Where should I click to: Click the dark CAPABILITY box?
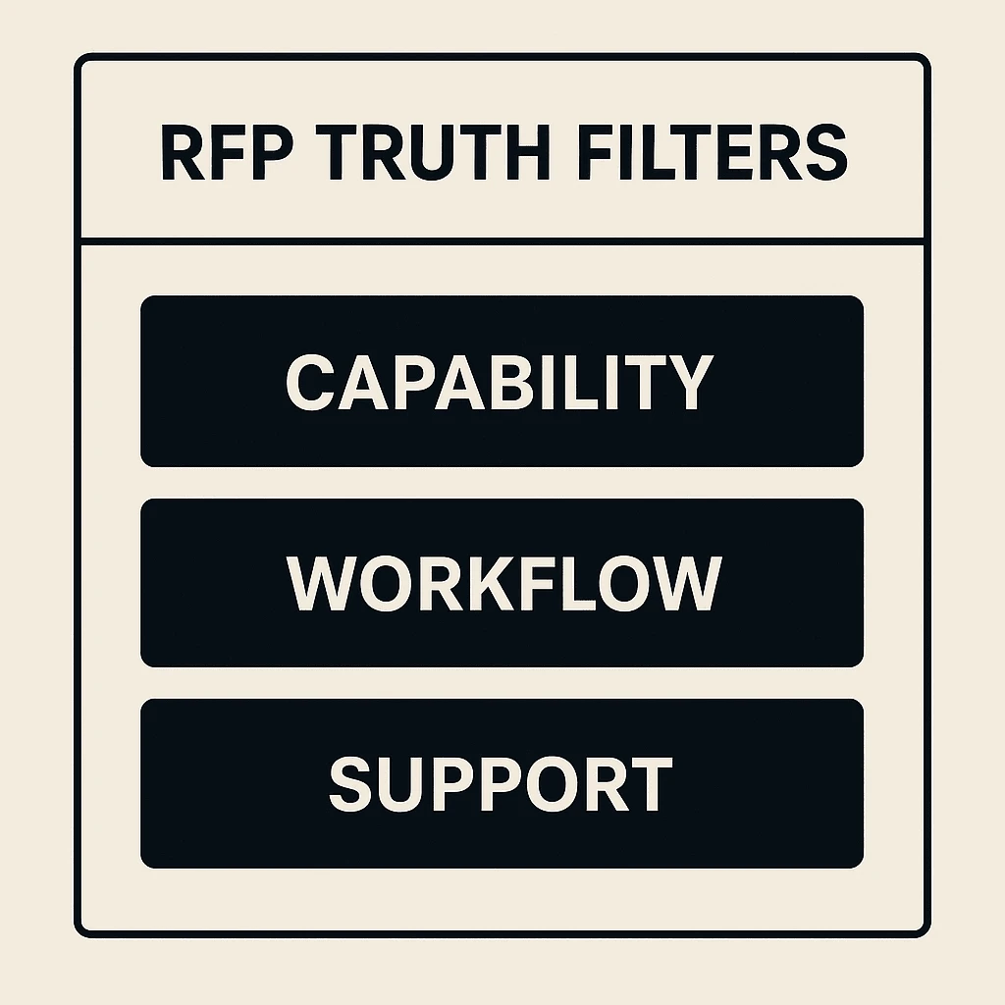tap(502, 381)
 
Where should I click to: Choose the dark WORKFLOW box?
tap(502, 582)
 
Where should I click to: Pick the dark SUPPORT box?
tap(502, 783)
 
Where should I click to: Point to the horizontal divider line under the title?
tap(502, 239)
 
